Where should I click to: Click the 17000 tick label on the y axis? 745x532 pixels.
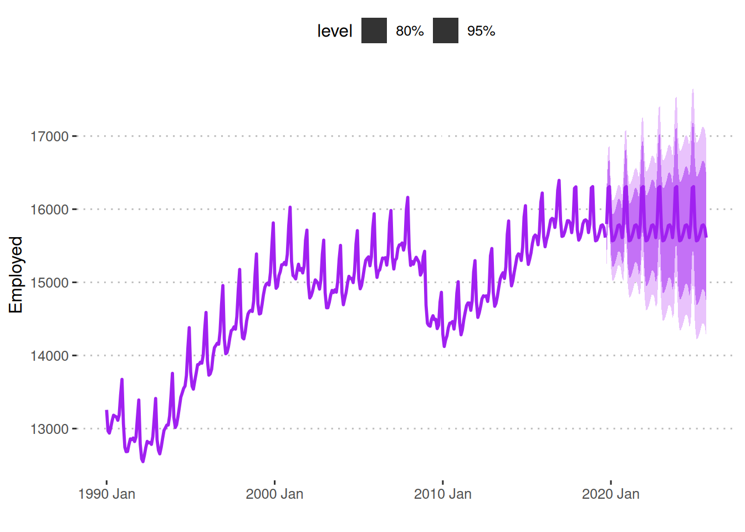[49, 136]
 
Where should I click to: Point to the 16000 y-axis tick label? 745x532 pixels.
[49, 209]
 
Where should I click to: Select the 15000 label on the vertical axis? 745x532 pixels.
[49, 283]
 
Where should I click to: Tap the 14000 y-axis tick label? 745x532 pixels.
[49, 356]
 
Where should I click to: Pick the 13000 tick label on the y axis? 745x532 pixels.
[49, 429]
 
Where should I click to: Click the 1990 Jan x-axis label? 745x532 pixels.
[106, 494]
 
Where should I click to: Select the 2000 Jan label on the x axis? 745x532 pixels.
[274, 494]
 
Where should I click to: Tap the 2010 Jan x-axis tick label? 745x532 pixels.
[442, 494]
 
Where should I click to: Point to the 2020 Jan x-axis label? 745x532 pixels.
[610, 494]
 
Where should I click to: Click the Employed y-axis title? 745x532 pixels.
[16, 275]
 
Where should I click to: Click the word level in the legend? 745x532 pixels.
[334, 31]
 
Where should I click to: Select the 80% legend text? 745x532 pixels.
[410, 31]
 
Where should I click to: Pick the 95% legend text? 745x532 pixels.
[481, 31]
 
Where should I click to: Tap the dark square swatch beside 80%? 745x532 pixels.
[374, 30]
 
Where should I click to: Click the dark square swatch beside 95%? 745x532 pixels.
[446, 30]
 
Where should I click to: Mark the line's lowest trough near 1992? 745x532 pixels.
[143, 461]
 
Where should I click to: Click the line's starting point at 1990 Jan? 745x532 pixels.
[106, 411]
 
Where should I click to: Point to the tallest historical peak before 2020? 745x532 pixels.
[559, 181]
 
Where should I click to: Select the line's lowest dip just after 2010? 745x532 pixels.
[444, 346]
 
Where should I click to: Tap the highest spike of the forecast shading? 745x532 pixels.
[692, 90]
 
